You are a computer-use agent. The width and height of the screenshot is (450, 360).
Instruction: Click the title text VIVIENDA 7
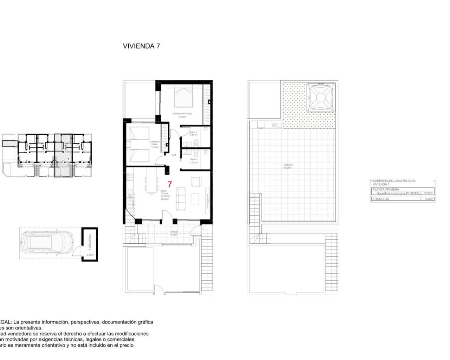point(141,46)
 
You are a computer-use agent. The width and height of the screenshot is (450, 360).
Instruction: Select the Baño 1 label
point(193,133)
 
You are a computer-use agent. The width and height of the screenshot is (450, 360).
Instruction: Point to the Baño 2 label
point(193,161)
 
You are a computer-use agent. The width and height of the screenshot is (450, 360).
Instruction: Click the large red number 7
point(170,184)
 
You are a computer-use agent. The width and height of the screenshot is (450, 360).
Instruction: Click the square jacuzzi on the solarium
point(320,96)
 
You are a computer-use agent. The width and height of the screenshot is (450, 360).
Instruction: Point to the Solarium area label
point(288,166)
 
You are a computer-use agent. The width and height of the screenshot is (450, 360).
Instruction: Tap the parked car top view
point(45,243)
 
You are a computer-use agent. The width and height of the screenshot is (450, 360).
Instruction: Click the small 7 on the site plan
point(67,159)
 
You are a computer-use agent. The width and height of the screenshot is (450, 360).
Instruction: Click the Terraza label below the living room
point(174,232)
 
